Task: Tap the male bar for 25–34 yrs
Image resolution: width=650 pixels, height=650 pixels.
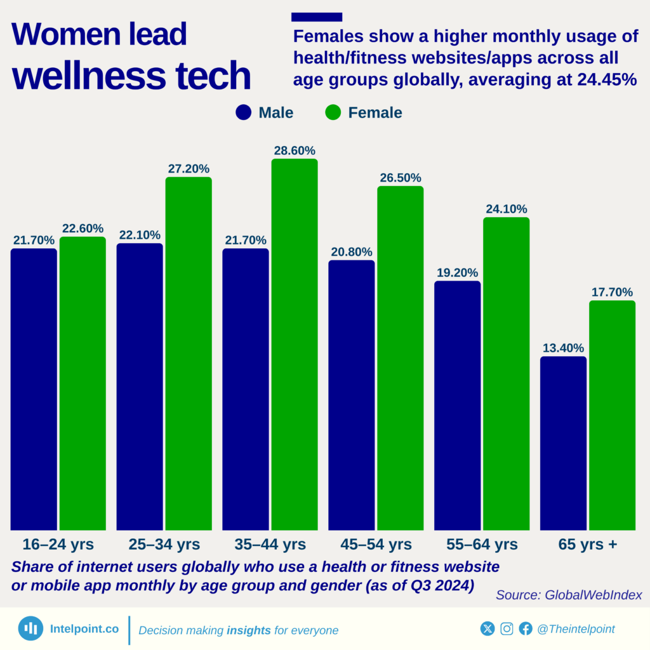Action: point(140,387)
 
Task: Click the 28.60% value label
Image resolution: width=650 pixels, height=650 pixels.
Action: point(295,151)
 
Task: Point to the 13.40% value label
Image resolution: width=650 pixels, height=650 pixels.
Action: point(563,348)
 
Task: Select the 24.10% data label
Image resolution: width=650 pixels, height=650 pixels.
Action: point(506,209)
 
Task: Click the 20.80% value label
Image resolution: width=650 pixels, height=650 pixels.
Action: point(352,252)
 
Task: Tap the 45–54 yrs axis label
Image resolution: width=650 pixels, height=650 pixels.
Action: point(375,545)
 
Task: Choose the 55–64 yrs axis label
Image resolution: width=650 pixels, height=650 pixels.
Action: point(481,545)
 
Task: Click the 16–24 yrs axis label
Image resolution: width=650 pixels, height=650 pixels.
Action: point(58,545)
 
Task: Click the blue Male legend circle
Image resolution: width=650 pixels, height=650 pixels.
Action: point(244,113)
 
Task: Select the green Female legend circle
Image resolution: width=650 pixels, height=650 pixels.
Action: point(333,113)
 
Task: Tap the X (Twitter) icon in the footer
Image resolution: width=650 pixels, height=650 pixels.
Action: point(487,628)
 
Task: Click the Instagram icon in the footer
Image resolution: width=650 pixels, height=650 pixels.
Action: point(507,628)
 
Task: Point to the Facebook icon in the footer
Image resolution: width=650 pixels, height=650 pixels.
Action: point(526,628)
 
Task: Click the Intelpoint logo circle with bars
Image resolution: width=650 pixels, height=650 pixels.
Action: point(30,628)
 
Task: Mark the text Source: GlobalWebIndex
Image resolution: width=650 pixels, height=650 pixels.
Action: point(569,595)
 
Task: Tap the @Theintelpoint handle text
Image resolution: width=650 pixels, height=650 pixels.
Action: point(576,629)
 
